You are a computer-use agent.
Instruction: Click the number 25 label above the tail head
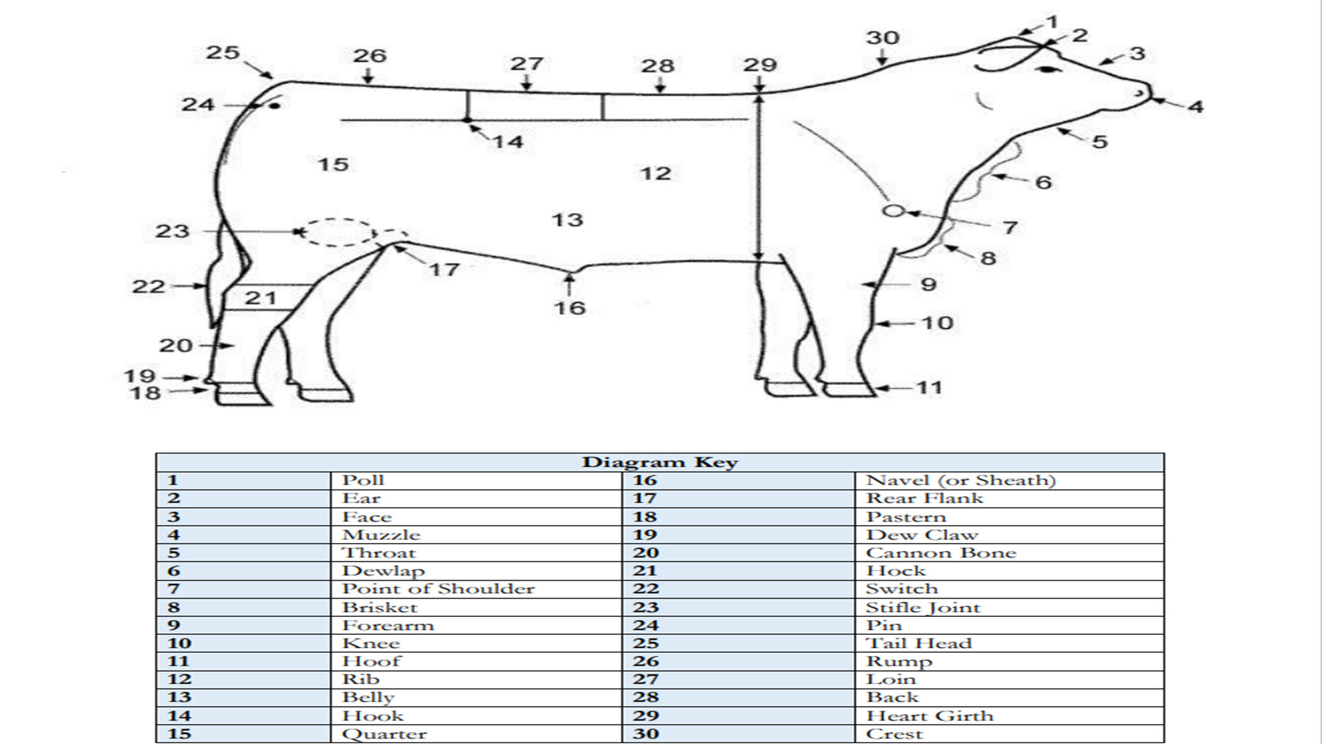click(223, 52)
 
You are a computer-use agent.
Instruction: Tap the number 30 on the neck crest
click(883, 38)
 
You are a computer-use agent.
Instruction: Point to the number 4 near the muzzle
click(1196, 106)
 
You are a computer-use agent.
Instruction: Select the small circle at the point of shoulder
click(893, 211)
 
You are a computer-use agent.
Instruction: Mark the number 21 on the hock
click(260, 298)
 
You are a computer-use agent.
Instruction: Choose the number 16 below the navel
click(570, 308)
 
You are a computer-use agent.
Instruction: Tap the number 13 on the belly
click(568, 220)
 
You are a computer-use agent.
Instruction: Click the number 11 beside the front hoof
click(929, 388)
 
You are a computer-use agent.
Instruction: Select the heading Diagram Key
click(660, 462)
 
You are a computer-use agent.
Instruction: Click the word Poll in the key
click(363, 480)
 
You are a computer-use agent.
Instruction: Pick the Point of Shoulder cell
click(438, 589)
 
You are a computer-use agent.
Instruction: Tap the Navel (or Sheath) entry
click(961, 480)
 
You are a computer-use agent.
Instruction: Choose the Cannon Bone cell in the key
click(941, 553)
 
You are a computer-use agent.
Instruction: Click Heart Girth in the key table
click(930, 716)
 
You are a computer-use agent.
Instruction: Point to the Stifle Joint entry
click(923, 607)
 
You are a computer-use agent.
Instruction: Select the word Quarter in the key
click(385, 734)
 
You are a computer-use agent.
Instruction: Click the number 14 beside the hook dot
click(508, 142)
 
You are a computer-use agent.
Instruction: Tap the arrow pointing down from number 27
click(526, 83)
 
